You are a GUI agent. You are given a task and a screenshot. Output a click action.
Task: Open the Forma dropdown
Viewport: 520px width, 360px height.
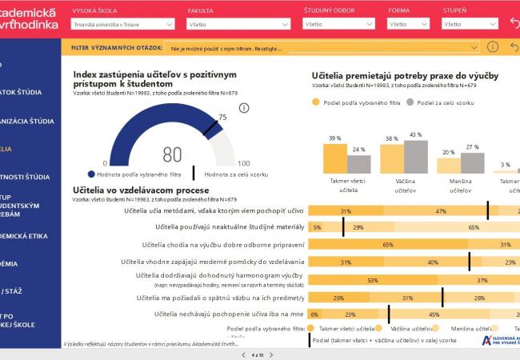pyautogui.click(x=408, y=25)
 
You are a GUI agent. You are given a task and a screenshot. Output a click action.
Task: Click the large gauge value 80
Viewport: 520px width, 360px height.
pyautogui.click(x=172, y=154)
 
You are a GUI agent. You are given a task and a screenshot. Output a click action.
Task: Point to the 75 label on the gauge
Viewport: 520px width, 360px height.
pyautogui.click(x=222, y=118)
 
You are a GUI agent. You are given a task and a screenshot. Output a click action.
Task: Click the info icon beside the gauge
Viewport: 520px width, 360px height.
pyautogui.click(x=244, y=108)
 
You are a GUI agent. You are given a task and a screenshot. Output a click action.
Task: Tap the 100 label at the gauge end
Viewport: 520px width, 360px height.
pyautogui.click(x=243, y=163)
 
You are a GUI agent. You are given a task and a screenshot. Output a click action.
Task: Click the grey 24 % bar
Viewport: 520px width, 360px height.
pyautogui.click(x=358, y=163)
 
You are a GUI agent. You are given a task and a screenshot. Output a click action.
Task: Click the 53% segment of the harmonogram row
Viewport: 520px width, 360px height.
pyautogui.click(x=373, y=280)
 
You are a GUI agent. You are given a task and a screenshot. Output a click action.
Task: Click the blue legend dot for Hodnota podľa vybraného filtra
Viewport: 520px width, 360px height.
pyautogui.click(x=80, y=174)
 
